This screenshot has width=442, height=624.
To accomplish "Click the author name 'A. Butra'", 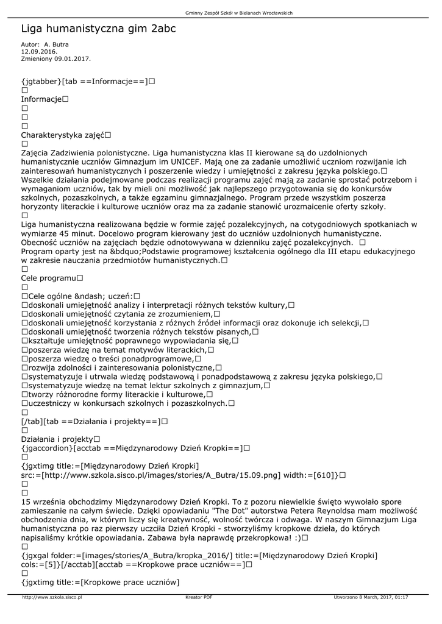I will (57, 44).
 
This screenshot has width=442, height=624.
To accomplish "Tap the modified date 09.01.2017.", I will (73, 59).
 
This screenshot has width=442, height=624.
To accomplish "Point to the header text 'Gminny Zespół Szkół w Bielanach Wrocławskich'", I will (238, 13).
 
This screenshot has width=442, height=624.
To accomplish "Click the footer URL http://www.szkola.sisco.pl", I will (52, 597).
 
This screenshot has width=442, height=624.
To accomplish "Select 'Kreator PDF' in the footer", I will (199, 597).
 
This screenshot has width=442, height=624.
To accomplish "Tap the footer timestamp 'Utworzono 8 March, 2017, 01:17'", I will (371, 597).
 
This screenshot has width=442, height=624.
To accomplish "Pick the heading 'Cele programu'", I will (49, 278).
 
